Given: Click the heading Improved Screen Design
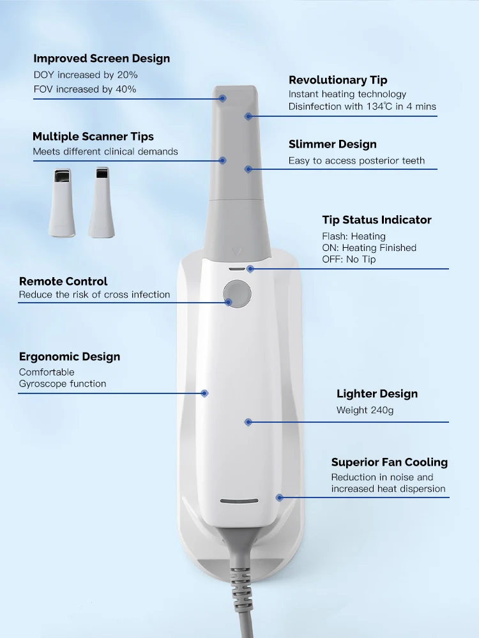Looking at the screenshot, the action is click(x=102, y=59).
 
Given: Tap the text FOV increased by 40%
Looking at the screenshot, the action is click(x=85, y=89).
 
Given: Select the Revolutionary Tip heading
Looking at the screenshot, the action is click(x=338, y=80).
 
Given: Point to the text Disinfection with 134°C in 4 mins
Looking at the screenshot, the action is click(x=362, y=106).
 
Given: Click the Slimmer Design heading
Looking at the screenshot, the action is click(x=333, y=144).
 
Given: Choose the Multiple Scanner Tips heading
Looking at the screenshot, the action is click(x=93, y=136).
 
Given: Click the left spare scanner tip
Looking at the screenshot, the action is click(x=62, y=202).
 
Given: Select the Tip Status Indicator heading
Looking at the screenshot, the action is click(x=377, y=220).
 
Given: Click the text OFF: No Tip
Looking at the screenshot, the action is click(x=349, y=259).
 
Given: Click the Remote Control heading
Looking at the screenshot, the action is click(x=63, y=282).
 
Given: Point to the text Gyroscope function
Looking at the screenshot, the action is click(x=62, y=384).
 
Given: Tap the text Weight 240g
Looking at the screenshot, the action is click(x=365, y=410).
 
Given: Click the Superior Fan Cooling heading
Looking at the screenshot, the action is click(x=390, y=462).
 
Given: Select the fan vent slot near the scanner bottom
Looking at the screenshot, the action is click(x=240, y=501).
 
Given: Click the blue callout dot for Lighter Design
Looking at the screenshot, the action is click(x=248, y=422).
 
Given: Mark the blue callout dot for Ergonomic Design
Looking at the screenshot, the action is click(x=205, y=393).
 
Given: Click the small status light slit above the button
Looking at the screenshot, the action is click(x=237, y=269).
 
